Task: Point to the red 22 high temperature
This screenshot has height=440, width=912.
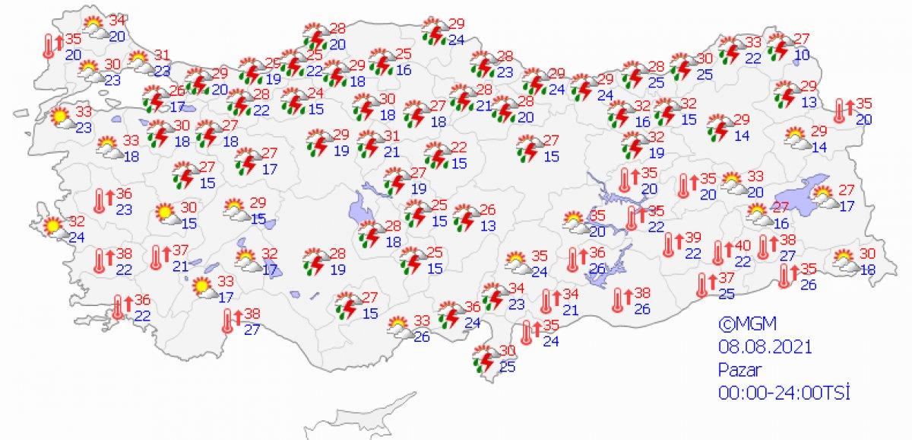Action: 458,148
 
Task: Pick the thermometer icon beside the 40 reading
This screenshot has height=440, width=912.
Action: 718,253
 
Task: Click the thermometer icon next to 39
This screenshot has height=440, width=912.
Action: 670,245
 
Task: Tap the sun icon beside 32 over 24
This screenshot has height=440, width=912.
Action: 52,226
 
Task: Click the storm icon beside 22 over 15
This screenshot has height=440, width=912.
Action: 436,156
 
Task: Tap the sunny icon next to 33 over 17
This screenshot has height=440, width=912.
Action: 202,288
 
